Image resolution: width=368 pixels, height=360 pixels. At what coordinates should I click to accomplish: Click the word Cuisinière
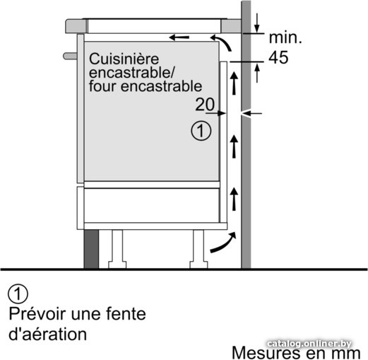tap(124, 59)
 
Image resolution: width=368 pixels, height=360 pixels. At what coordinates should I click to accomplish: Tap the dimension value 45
tap(278, 57)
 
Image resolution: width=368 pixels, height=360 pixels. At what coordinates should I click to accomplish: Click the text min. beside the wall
tap(285, 37)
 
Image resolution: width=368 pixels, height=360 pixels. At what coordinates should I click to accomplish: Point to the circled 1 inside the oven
tap(201, 131)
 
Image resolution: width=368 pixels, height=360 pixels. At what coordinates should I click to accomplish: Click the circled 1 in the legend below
tap(18, 294)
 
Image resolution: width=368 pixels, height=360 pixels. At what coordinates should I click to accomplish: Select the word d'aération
tap(47, 334)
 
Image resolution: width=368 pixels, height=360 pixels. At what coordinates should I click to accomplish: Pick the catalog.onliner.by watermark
tap(309, 344)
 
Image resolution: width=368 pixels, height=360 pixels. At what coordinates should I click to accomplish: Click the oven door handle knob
tap(70, 56)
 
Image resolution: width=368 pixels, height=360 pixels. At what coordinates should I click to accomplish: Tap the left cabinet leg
tap(117, 249)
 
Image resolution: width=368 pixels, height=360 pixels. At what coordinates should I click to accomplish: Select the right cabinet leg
tap(198, 249)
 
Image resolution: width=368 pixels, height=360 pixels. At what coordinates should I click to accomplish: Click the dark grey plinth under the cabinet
tap(91, 249)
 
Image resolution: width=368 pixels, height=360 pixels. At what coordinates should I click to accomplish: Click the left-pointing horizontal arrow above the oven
tap(179, 37)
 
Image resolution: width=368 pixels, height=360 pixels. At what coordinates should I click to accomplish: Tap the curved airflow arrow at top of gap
tap(222, 42)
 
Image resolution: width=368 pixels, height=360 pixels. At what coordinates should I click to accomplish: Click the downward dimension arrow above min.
tap(257, 23)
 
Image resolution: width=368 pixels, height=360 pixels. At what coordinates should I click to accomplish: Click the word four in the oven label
tap(102, 86)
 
